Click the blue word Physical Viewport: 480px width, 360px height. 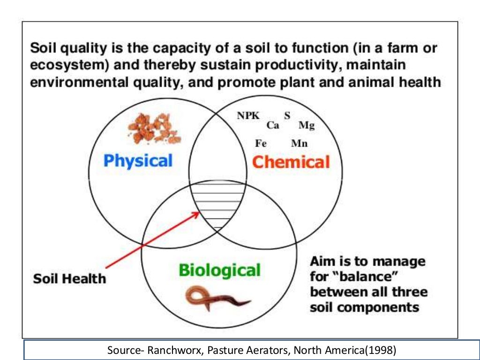(x=138, y=161)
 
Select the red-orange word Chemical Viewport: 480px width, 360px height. (x=291, y=162)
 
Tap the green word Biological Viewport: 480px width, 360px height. (x=219, y=270)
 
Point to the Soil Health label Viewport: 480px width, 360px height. (x=69, y=279)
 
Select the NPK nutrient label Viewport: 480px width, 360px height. (x=248, y=116)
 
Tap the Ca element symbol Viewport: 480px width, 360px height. (x=273, y=125)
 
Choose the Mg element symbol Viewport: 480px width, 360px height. (x=307, y=126)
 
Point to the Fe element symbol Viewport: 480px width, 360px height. (x=261, y=144)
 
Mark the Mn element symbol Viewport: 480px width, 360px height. (x=299, y=144)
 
